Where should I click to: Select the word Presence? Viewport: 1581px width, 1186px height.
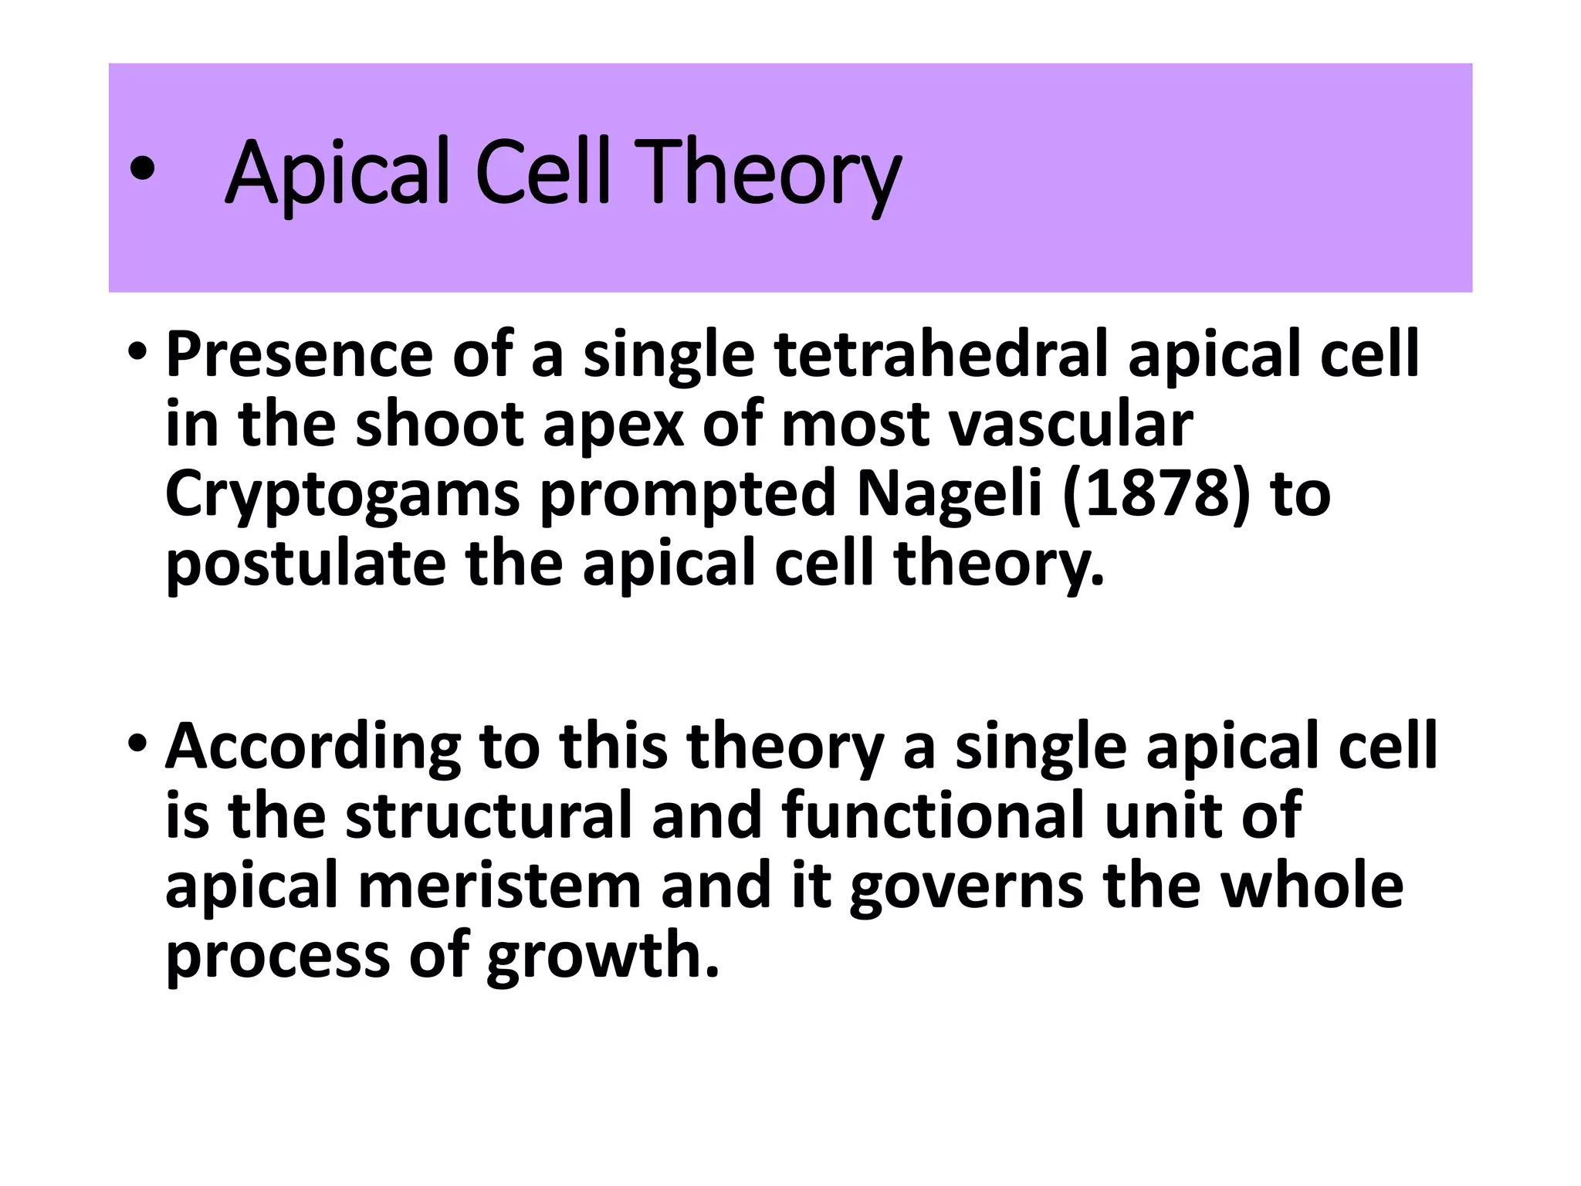click(300, 354)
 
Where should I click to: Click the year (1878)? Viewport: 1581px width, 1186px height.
click(1155, 494)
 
